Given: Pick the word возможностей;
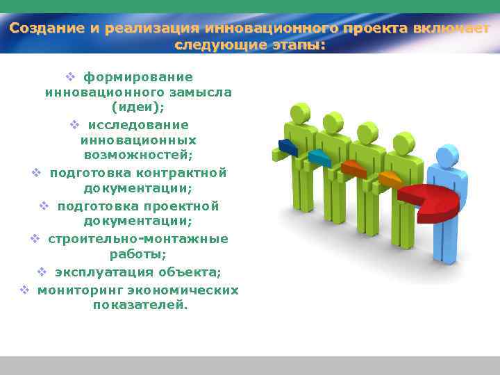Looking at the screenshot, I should (x=138, y=156).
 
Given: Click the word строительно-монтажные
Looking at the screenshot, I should (x=138, y=238).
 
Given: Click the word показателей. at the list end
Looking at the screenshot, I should (x=140, y=305).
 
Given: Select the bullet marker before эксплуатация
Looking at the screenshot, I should (x=42, y=272).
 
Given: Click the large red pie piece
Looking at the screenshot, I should (x=431, y=201).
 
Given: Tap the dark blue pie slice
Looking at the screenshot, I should (x=287, y=147).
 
